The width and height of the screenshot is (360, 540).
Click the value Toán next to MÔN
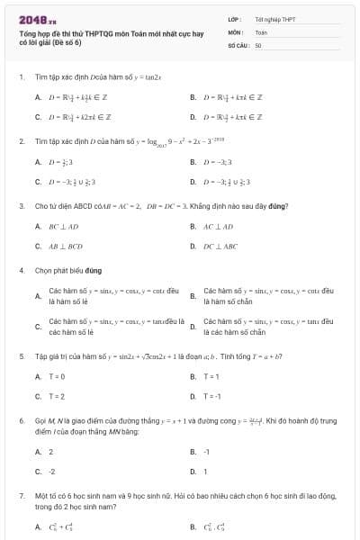pos(261,31)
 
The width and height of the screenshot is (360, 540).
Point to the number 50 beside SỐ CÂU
pos(258,44)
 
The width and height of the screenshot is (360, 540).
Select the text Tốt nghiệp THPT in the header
pos(274,18)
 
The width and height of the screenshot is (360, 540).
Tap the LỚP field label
pos(235,18)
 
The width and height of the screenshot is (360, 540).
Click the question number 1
pos(21,76)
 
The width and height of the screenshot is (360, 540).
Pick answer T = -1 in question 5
pos(212,396)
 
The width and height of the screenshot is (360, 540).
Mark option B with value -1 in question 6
pos(206,451)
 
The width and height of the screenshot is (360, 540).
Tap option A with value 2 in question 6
pos(50,451)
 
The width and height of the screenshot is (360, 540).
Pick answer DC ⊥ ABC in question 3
pos(221,245)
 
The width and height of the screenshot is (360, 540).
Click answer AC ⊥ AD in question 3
pos(220,226)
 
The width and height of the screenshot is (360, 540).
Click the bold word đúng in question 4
pos(94,270)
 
